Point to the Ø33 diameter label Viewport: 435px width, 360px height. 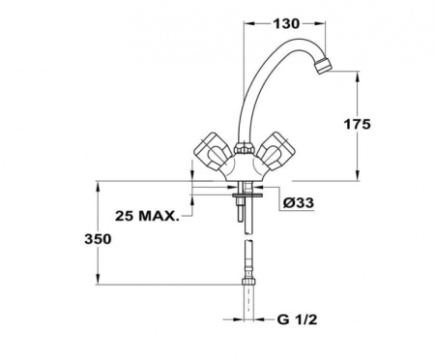click(296, 202)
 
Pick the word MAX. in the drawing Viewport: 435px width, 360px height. click(159, 214)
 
